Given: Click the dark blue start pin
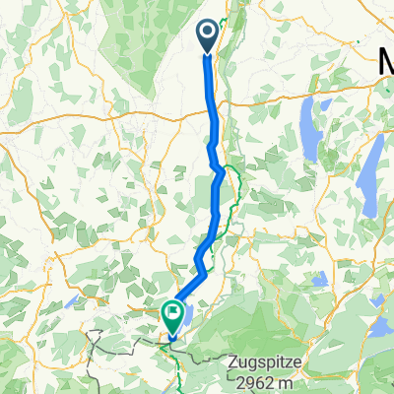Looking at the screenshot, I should click(x=209, y=37).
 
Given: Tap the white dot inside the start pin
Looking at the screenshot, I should click(x=209, y=33).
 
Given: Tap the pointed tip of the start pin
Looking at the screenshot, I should click(x=209, y=53).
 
